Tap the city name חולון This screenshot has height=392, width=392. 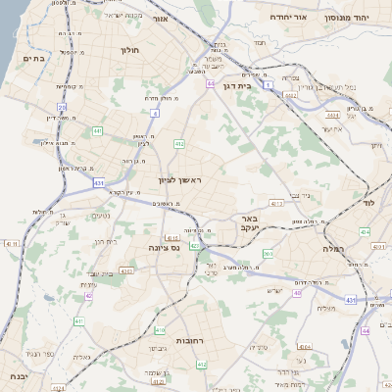pos(130,49)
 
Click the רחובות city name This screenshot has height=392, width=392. pos(187,339)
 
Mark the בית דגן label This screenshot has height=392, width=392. pos(260,86)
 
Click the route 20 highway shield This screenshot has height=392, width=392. pos(62,108)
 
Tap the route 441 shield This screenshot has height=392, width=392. pos(97,130)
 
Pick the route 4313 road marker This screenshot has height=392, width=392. pos(277,204)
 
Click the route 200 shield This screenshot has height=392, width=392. pos(267,254)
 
